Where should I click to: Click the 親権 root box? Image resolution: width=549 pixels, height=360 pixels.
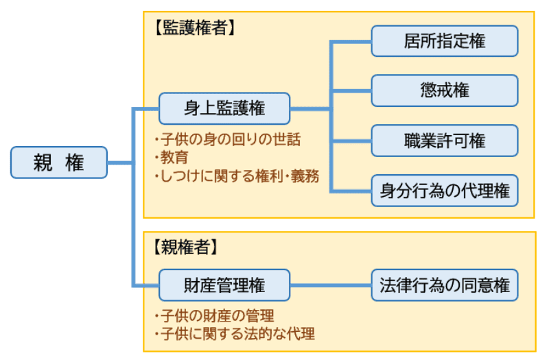[59, 163]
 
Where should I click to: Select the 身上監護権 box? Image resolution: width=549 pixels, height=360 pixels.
[224, 108]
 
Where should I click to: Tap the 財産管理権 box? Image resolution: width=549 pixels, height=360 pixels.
[224, 285]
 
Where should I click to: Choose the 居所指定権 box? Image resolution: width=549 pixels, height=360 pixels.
[445, 41]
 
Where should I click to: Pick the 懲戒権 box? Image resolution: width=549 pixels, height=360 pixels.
[445, 91]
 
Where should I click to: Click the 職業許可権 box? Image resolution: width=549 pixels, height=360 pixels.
[445, 141]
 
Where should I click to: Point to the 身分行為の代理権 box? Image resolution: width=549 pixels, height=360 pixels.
[445, 191]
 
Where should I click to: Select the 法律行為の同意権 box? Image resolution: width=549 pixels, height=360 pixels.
[445, 285]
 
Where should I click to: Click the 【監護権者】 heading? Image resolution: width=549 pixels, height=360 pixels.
[194, 27]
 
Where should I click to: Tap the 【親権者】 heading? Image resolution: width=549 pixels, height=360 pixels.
[185, 247]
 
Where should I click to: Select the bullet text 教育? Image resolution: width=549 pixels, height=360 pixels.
[174, 158]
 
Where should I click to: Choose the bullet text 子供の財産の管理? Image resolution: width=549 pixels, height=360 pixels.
[217, 316]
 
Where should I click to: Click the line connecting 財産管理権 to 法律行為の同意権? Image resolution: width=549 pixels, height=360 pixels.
[331, 285]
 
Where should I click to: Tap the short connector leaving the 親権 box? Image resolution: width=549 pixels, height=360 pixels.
[119, 163]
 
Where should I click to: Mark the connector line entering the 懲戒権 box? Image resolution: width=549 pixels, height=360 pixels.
[351, 91]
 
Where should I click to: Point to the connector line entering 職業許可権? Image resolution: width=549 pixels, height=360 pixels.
[351, 141]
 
